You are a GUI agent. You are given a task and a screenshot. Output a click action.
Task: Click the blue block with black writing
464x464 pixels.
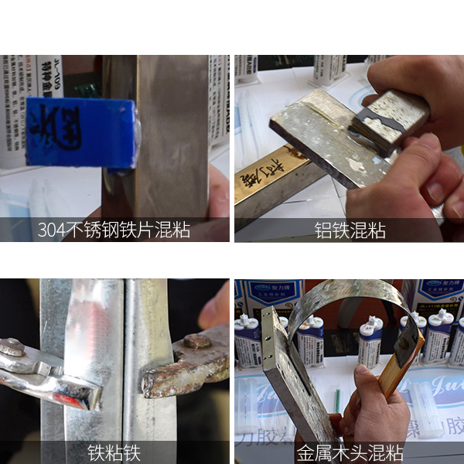(81, 132)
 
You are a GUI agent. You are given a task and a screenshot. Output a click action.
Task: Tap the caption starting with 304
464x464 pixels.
(114, 230)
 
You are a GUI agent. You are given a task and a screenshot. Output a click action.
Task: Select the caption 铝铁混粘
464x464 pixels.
(350, 230)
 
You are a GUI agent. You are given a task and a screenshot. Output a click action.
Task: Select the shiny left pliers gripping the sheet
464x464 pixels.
(46, 375)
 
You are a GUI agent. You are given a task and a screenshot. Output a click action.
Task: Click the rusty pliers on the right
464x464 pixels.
(186, 367)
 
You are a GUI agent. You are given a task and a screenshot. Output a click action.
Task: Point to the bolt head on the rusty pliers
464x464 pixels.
(196, 341)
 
